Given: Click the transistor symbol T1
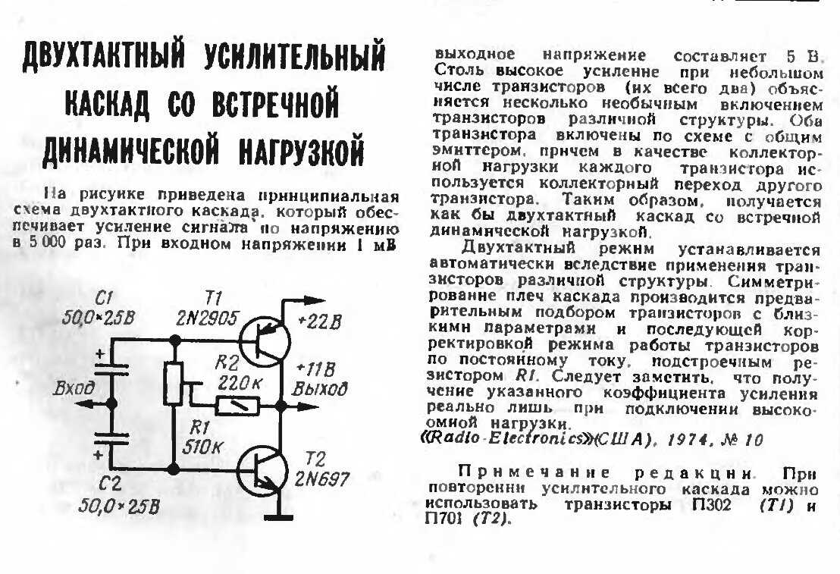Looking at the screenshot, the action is pyautogui.click(x=265, y=341).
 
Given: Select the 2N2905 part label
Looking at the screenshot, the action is pyautogui.click(x=207, y=318).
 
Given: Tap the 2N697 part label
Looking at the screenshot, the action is pyautogui.click(x=321, y=478).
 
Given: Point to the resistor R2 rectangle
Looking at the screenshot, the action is pyautogui.click(x=237, y=406).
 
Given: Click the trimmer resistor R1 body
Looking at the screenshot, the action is pyautogui.click(x=174, y=383).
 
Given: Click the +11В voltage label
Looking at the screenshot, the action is pyautogui.click(x=315, y=369).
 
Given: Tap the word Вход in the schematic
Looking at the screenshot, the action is pyautogui.click(x=74, y=387).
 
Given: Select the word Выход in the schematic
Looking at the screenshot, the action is pyautogui.click(x=319, y=388).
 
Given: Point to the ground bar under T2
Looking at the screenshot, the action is pyautogui.click(x=277, y=517).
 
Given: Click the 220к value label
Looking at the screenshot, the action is pyautogui.click(x=240, y=383).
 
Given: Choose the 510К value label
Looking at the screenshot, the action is pyautogui.click(x=202, y=447).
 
